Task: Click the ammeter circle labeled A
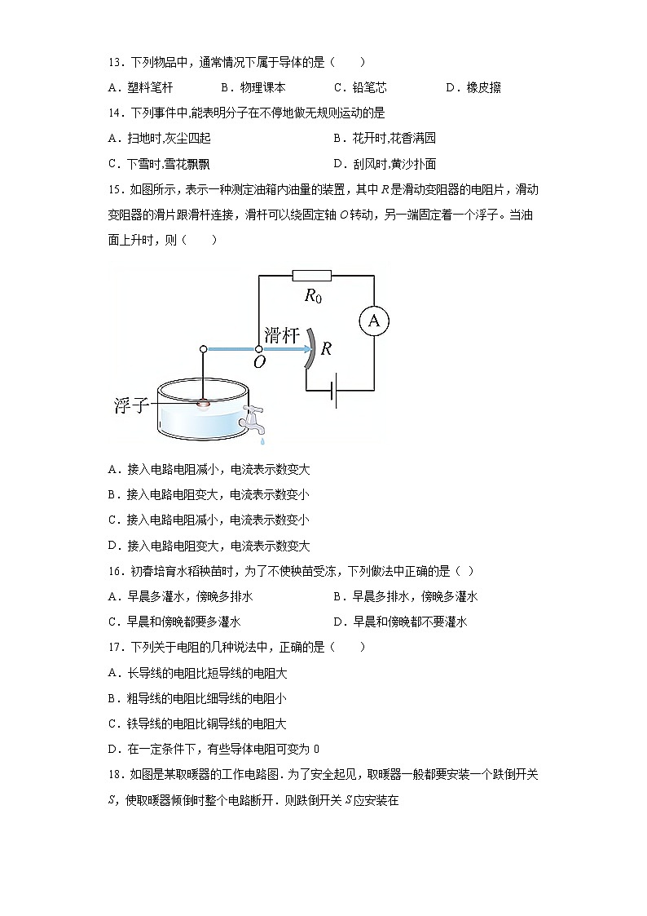coord(374,321)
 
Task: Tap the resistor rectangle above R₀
coord(311,276)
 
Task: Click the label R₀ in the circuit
coord(313,296)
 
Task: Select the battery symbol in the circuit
coord(334,392)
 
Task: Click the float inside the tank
coord(203,402)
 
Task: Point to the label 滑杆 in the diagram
coord(282,334)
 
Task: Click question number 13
coord(115,62)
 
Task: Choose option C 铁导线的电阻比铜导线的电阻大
coord(197,724)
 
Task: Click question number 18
coord(115,774)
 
